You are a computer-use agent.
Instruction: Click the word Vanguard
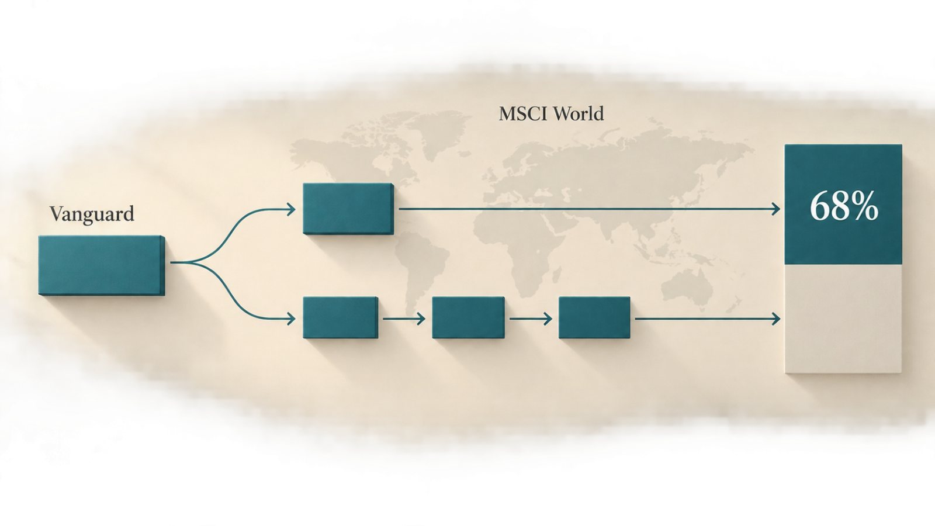[92, 214]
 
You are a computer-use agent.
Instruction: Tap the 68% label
[844, 207]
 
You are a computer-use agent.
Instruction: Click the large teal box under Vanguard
[102, 265]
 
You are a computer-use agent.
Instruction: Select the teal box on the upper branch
[348, 209]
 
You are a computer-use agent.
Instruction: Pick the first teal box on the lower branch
[341, 318]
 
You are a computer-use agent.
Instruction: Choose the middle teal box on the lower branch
[468, 318]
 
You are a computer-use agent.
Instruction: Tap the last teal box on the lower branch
[594, 318]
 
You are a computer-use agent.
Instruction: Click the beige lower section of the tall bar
[843, 319]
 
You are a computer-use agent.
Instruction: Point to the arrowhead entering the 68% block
[776, 209]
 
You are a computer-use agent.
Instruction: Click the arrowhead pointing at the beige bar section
[776, 319]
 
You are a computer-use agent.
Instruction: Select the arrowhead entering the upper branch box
[292, 209]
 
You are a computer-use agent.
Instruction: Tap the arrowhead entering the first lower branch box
[292, 319]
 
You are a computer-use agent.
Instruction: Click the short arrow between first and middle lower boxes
[404, 319]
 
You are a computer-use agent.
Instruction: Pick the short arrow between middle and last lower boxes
[531, 319]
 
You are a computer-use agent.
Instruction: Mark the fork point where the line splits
[193, 262]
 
